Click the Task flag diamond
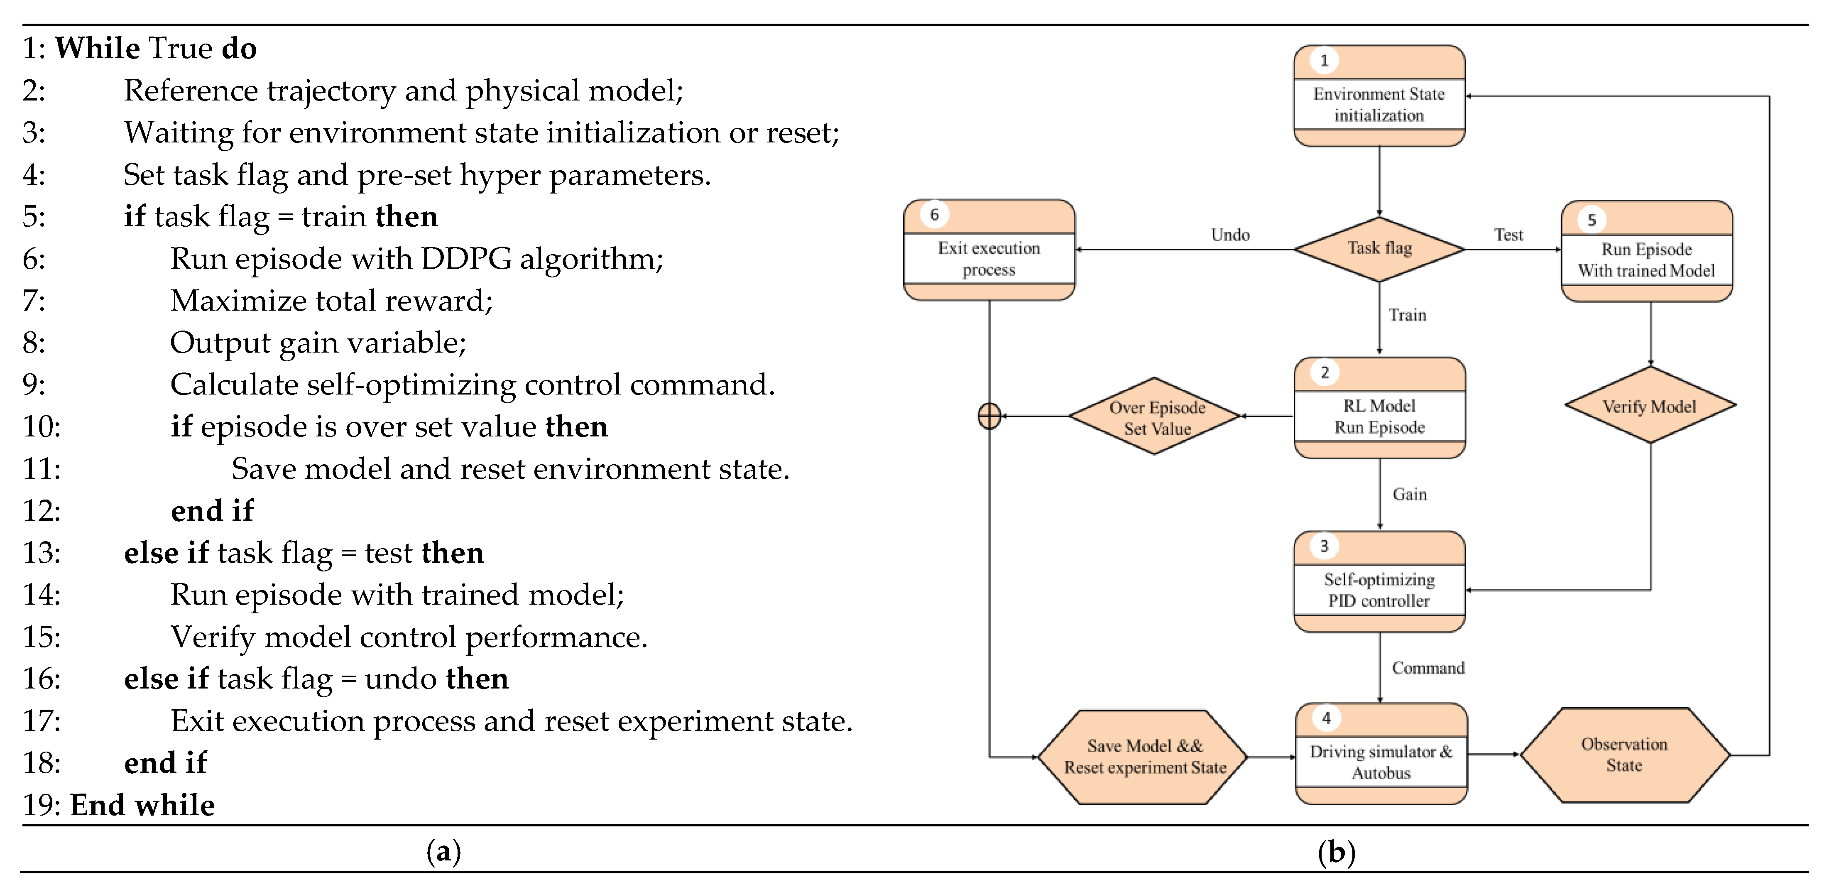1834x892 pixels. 1379,249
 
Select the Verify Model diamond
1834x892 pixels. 1650,406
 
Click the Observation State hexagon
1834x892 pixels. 1625,755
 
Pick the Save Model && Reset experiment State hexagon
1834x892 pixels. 1143,757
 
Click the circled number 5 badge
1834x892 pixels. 1592,220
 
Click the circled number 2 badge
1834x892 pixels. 1324,372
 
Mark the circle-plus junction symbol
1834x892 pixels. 989,417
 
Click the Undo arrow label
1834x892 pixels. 1229,235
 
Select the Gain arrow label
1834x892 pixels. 1409,494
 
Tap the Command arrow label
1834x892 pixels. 1428,668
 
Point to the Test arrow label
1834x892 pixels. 1508,235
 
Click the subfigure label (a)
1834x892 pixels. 443,851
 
